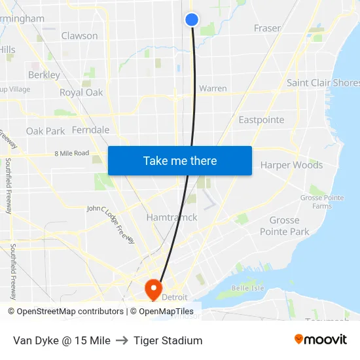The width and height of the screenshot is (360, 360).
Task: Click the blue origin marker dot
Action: coord(192,20)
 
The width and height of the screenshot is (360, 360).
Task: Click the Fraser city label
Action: coord(267,28)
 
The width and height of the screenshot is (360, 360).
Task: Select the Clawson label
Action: coord(79,36)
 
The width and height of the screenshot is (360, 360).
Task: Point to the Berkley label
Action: coord(44,75)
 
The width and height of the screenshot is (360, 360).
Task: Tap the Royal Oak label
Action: coord(81,92)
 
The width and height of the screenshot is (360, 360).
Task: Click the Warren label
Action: coord(213,88)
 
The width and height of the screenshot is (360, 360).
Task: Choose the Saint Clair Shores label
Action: coord(323,83)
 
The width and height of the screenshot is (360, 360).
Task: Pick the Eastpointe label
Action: coord(261,120)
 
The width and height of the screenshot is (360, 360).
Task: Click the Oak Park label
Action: coord(45,131)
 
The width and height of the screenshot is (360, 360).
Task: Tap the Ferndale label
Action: coord(90,130)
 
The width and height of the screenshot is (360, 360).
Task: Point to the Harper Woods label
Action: coord(291,165)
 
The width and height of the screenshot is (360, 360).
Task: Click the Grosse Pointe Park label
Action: coord(284,226)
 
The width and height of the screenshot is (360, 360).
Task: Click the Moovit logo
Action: coord(320,340)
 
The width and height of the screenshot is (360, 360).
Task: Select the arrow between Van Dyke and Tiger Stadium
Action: coord(122,340)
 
